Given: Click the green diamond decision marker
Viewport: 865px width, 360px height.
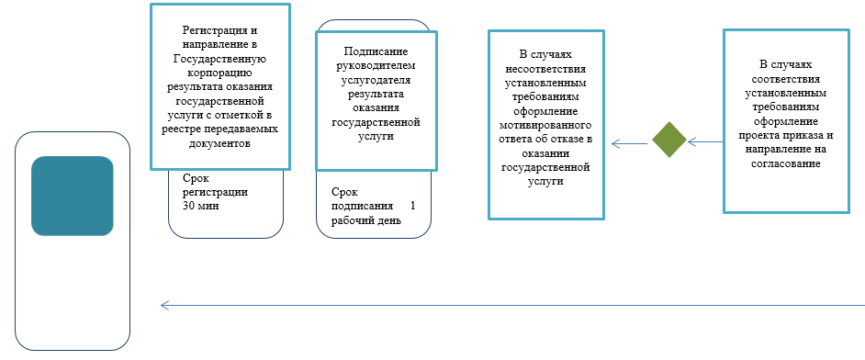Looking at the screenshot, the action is pos(669,141).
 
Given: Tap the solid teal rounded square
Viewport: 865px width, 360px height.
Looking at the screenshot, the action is pos(73,195).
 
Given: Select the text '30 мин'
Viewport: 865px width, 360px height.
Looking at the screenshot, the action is pos(201,207).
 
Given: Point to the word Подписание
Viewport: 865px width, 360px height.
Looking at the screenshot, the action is pos(375,53).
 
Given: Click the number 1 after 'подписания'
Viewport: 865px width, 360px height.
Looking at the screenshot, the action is pos(412,206).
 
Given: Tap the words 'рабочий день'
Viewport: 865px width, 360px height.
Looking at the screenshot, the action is pos(366,220).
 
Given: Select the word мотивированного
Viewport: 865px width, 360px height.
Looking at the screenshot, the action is pos(546,125).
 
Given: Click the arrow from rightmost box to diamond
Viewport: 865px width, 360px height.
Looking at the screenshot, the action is pos(705,141).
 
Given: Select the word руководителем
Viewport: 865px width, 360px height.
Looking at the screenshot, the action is pos(375,67).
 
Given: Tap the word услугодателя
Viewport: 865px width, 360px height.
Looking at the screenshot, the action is pos(375,81).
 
